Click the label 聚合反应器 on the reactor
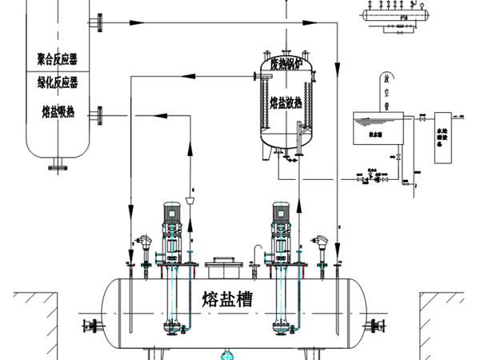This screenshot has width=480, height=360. click(x=58, y=59)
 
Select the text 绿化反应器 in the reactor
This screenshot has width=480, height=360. click(x=58, y=82)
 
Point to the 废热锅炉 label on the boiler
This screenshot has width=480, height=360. click(x=285, y=65)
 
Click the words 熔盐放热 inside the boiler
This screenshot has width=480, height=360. click(x=285, y=103)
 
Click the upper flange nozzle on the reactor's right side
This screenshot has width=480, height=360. click(x=98, y=24)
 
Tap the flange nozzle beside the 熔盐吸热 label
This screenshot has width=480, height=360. click(x=98, y=117)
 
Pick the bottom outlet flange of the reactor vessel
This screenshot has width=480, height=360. click(x=56, y=167)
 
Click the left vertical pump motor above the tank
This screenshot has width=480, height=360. click(x=170, y=213)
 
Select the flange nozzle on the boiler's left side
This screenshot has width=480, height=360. click(x=257, y=77)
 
